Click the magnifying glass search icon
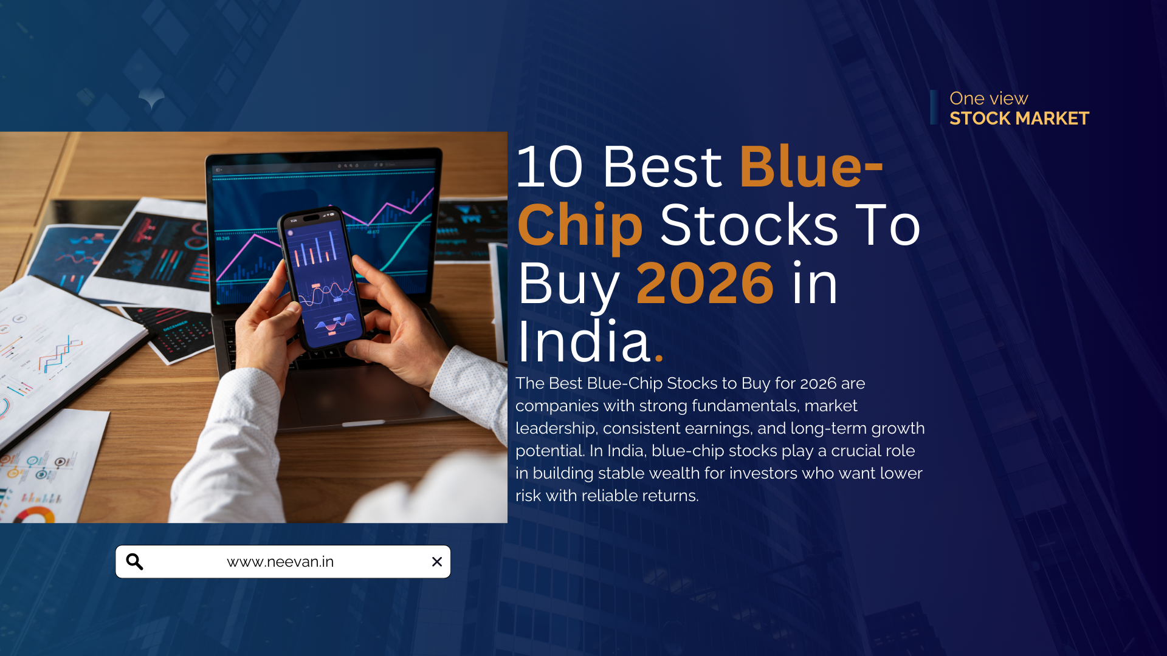click(x=134, y=562)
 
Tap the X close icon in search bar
click(x=436, y=562)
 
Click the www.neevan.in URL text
click(x=280, y=562)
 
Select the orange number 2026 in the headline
click(x=705, y=283)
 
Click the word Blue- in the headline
click(x=811, y=166)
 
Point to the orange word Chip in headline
click(x=580, y=226)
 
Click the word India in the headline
click(x=584, y=341)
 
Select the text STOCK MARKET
click(x=1019, y=118)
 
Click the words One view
click(x=988, y=98)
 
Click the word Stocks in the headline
click(x=749, y=226)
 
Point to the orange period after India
click(x=659, y=358)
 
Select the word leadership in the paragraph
click(x=555, y=428)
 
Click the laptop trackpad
click(x=359, y=398)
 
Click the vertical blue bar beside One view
click(x=934, y=108)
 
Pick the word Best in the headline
click(x=662, y=166)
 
